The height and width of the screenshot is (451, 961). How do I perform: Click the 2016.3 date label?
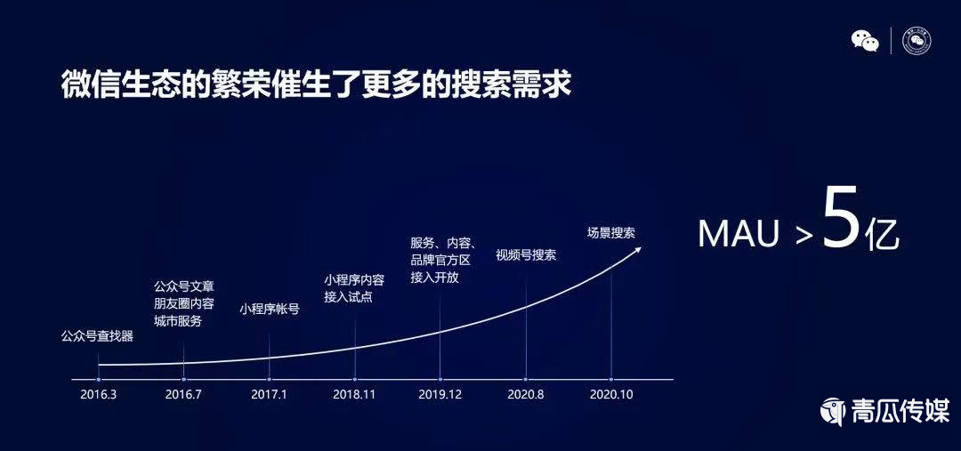[x=98, y=394]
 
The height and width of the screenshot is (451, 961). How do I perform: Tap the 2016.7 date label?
[x=183, y=394]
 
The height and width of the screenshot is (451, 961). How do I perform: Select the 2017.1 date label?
[x=269, y=394]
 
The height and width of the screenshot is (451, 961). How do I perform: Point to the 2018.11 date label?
[x=354, y=394]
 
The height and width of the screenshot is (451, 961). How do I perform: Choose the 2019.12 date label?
[x=440, y=394]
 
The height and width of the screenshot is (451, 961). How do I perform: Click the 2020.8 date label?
[x=525, y=394]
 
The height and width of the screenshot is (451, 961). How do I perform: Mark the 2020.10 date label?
[x=610, y=394]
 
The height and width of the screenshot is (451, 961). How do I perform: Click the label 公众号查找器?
[x=97, y=336]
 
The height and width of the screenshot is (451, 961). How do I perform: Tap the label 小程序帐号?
[x=270, y=310]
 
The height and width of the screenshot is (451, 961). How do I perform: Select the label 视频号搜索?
[x=526, y=254]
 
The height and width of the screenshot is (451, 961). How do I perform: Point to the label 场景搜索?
[x=611, y=233]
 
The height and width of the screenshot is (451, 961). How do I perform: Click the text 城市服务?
[x=178, y=321]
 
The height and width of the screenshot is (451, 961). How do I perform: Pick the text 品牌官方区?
[x=440, y=260]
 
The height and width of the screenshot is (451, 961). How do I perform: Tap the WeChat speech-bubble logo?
[x=865, y=41]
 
